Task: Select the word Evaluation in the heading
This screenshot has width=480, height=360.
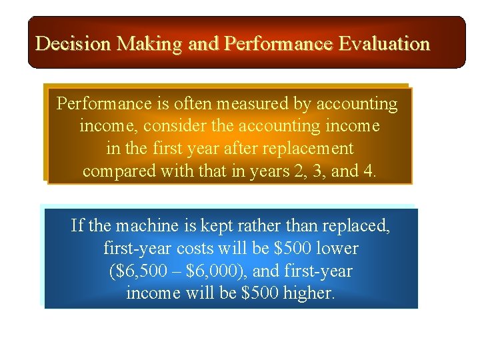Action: [x=384, y=44]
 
